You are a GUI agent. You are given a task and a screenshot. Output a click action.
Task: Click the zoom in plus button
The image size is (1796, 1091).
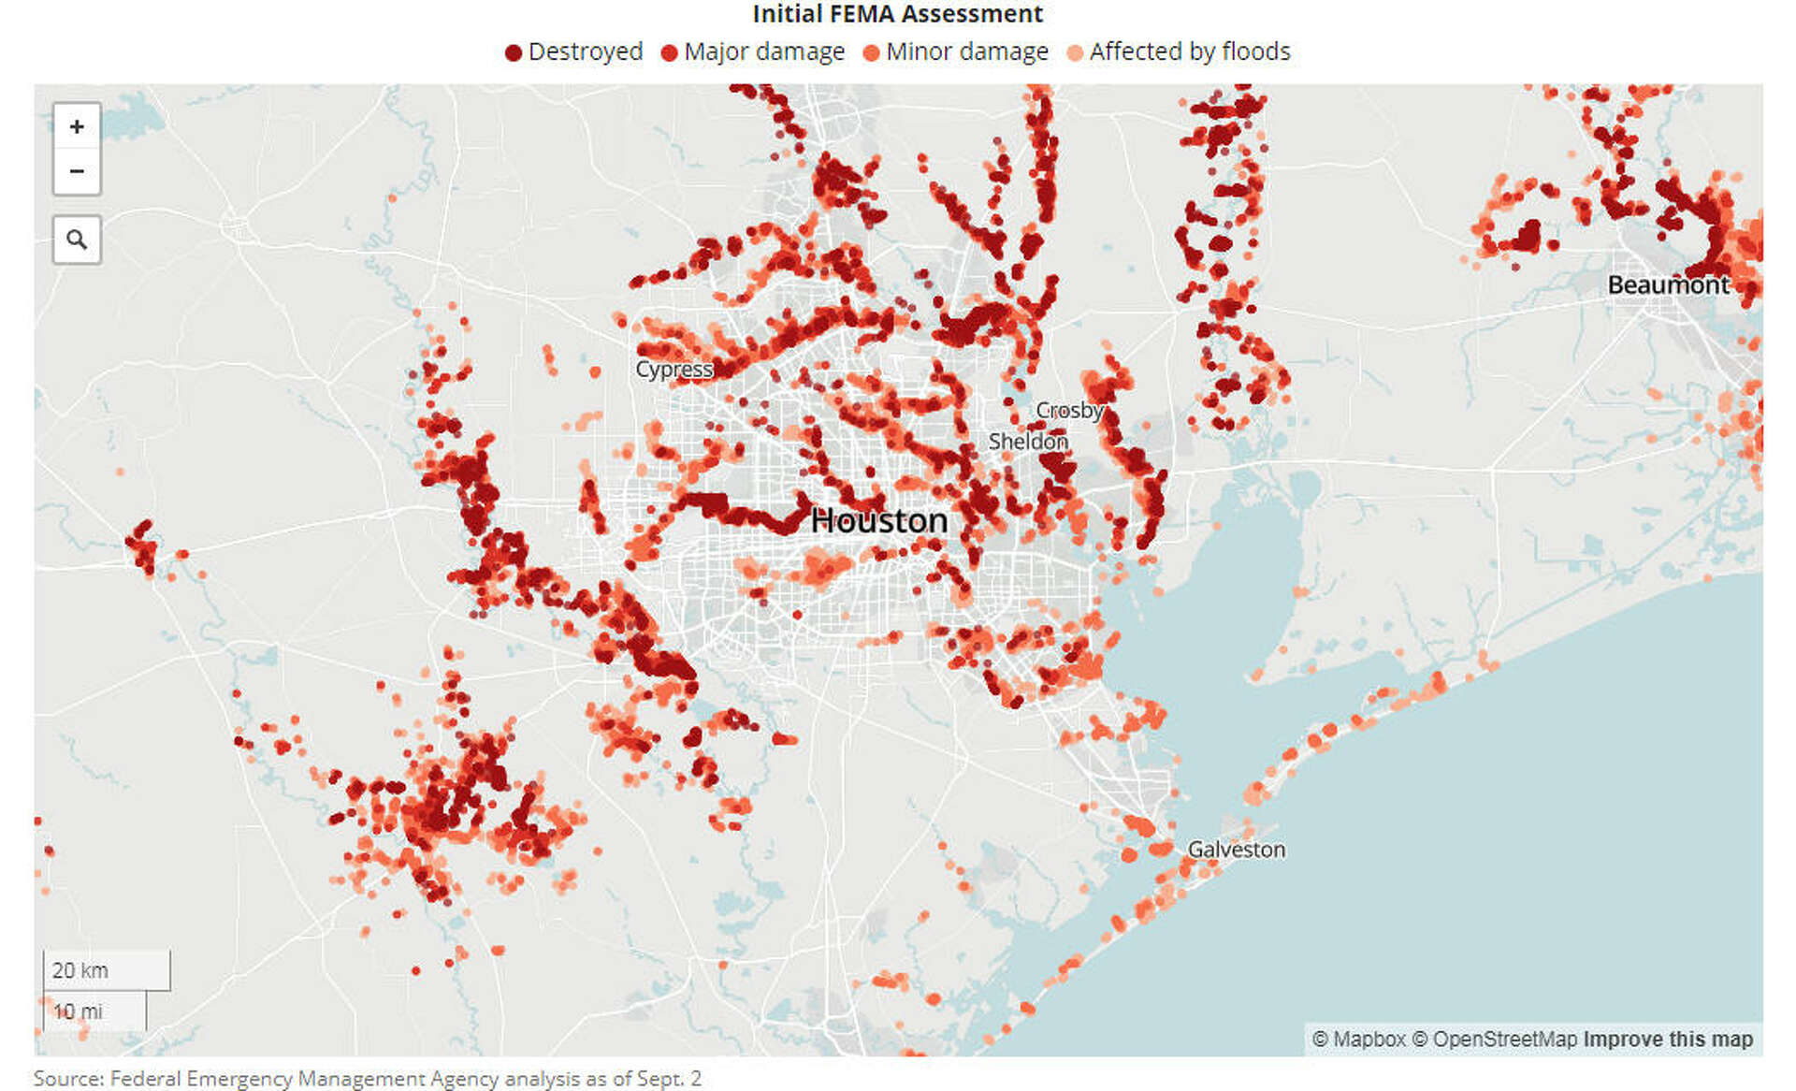(77, 126)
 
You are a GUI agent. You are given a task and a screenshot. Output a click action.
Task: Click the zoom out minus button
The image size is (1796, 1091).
(77, 171)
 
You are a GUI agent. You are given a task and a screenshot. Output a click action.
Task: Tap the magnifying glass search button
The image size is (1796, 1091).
(77, 240)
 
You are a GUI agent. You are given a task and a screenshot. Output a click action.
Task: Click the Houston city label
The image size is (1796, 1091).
(878, 520)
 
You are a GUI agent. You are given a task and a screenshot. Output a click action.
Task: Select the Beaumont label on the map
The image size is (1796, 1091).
(1668, 284)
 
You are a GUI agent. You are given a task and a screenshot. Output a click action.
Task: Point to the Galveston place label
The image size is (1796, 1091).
(1236, 850)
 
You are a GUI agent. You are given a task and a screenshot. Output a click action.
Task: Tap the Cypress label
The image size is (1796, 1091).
(673, 370)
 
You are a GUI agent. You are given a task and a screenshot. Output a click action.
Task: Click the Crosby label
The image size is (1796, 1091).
(1069, 410)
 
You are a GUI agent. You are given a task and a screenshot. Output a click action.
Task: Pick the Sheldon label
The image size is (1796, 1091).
(1027, 441)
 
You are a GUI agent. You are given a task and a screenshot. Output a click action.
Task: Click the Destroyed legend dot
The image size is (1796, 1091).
(513, 52)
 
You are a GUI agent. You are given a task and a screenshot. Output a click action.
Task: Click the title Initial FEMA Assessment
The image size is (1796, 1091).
(897, 14)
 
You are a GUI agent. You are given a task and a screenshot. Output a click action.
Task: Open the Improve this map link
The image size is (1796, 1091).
(1668, 1040)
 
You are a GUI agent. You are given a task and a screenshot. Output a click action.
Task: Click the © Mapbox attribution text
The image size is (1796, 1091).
(1358, 1040)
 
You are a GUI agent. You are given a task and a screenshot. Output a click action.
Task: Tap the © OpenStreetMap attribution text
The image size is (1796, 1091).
(1494, 1040)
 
